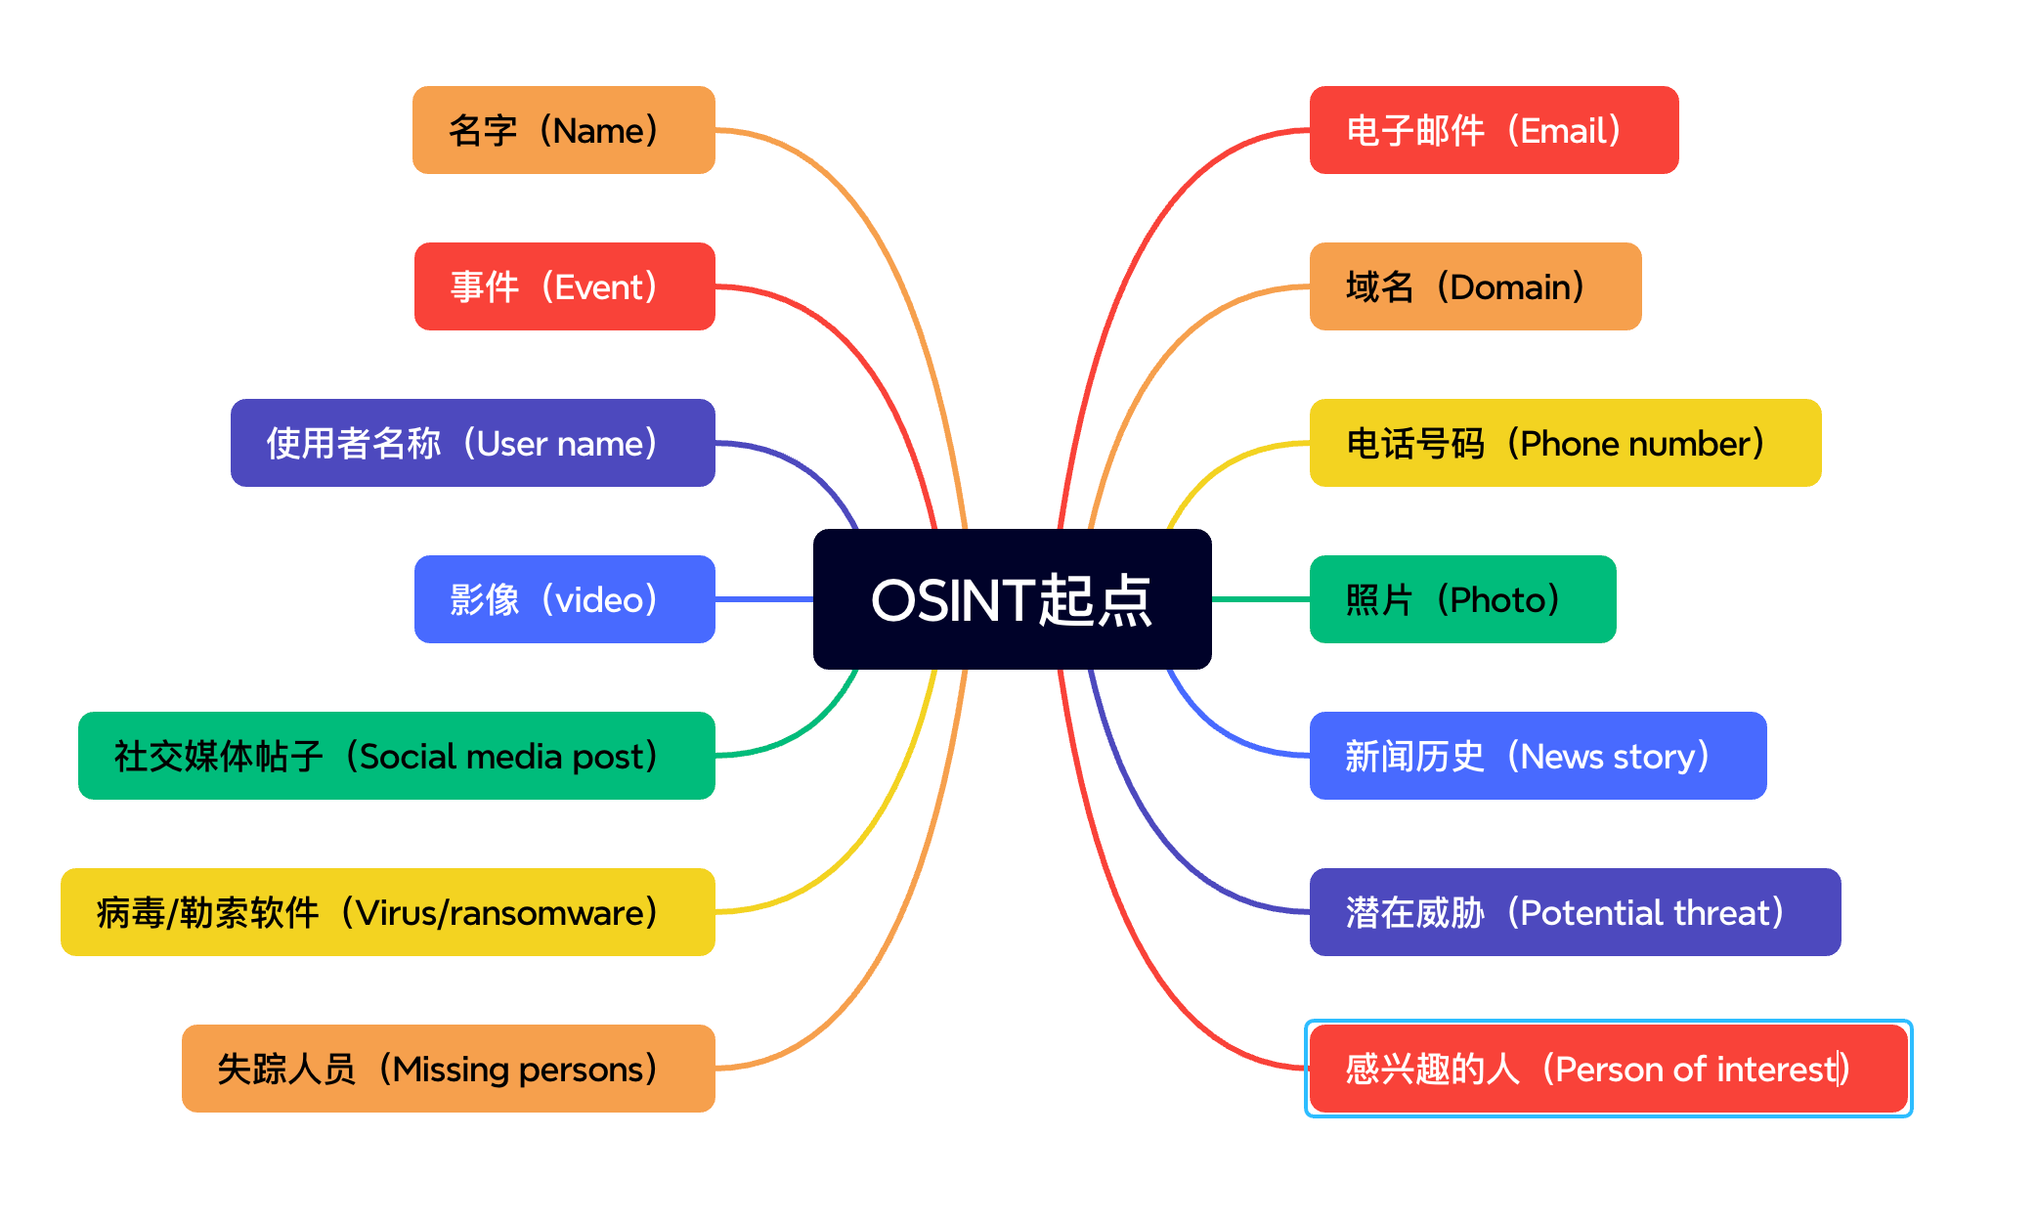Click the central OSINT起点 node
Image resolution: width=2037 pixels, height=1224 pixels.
(1012, 599)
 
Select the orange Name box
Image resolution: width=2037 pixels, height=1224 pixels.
(564, 130)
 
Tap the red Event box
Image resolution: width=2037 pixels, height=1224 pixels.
(565, 286)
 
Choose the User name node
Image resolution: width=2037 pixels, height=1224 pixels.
(473, 443)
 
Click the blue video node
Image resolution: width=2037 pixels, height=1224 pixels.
(565, 599)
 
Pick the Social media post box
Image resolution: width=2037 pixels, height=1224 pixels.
(397, 756)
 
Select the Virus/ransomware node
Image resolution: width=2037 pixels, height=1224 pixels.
(388, 912)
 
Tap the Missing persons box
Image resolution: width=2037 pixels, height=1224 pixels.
(449, 1069)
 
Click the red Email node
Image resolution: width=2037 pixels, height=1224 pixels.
(1495, 130)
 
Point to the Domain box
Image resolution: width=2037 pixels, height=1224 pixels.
(1476, 286)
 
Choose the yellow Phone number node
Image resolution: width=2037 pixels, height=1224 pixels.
(1566, 443)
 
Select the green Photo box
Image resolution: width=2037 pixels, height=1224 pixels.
(1463, 599)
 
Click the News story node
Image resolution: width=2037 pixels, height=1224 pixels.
(1539, 756)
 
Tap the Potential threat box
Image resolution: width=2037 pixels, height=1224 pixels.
(1576, 912)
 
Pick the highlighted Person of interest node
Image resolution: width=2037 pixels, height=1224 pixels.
(1609, 1069)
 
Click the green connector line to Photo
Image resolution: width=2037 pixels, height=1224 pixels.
(1261, 599)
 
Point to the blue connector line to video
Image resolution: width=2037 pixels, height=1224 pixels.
(764, 599)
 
